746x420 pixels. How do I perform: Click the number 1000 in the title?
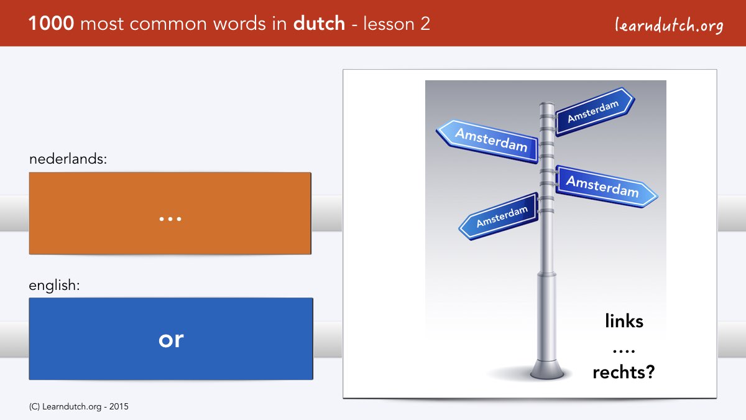point(51,24)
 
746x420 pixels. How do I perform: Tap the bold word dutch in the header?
point(319,24)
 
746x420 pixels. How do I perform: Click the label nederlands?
point(68,159)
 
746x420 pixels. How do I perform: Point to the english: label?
point(54,286)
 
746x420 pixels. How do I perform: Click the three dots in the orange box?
point(170,219)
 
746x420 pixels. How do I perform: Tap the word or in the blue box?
point(171,340)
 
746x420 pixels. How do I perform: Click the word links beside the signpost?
point(624,320)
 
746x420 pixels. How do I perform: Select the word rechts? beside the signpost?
point(624,372)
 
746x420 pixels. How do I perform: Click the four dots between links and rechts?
point(624,351)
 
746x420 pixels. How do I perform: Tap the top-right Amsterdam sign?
point(595,111)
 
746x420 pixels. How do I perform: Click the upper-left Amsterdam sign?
point(487,141)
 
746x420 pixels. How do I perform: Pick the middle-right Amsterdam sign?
point(607,186)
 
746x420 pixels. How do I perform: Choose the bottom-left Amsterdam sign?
point(498,217)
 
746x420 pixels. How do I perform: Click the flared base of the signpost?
point(547,370)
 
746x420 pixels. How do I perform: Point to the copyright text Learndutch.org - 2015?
point(78,407)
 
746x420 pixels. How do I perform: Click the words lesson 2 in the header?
point(397,24)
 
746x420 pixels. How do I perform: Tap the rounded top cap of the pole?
point(546,105)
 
